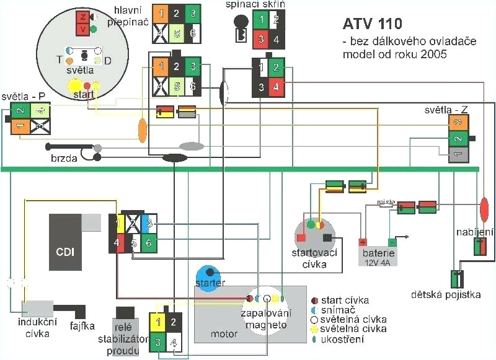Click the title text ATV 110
tap(372, 24)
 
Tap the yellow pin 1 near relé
tap(158, 322)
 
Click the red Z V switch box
tap(82, 22)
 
